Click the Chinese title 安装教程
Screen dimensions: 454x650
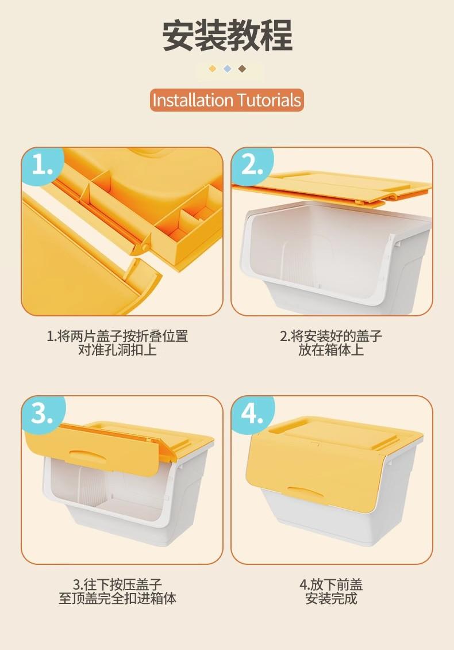pyautogui.click(x=227, y=36)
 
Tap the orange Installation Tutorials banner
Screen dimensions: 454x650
pyautogui.click(x=227, y=100)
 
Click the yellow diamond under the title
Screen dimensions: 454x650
pyautogui.click(x=213, y=68)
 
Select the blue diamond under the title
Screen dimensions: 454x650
pyautogui.click(x=228, y=68)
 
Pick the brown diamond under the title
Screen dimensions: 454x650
pyautogui.click(x=243, y=68)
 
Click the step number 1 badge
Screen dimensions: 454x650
pyautogui.click(x=43, y=166)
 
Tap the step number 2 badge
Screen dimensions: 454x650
pyautogui.click(x=252, y=166)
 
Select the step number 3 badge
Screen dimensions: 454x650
pyautogui.click(x=43, y=414)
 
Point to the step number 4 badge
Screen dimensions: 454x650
pyautogui.click(x=252, y=414)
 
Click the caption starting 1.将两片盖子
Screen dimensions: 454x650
pyautogui.click(x=118, y=343)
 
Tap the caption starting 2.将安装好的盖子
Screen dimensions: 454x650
pyautogui.click(x=331, y=343)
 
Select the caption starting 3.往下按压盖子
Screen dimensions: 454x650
pyautogui.click(x=118, y=591)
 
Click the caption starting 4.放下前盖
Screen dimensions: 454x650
pyautogui.click(x=331, y=591)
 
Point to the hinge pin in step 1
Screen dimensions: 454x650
pyautogui.click(x=145, y=247)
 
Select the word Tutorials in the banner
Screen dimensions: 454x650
pyautogui.click(x=269, y=100)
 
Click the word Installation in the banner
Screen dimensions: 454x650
pyautogui.click(x=193, y=100)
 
